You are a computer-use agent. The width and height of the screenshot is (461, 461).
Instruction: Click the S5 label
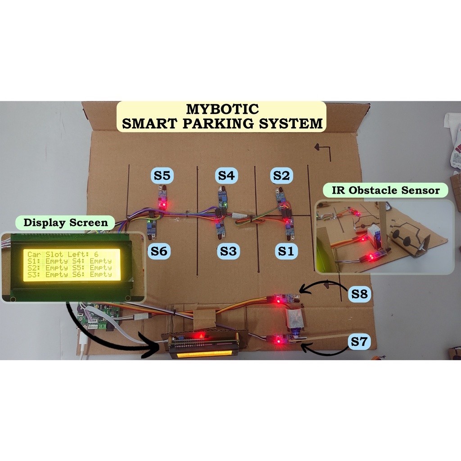point(162,176)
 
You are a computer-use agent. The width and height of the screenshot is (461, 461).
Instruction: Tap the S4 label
point(227,176)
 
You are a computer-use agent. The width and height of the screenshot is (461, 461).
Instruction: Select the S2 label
point(282,176)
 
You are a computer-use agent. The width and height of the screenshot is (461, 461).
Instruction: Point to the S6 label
point(159,251)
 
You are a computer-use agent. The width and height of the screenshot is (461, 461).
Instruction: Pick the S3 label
point(228,251)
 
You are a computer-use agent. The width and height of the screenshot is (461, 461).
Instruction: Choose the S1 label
point(285,251)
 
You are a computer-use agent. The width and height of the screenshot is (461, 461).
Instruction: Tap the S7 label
point(359,342)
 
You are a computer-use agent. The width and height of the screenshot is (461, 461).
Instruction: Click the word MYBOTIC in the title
point(222,109)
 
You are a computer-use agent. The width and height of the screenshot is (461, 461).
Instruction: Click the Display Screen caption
point(66,222)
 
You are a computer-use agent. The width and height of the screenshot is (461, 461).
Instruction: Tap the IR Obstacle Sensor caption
point(385,190)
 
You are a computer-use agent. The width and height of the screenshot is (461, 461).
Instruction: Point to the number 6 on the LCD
point(96,254)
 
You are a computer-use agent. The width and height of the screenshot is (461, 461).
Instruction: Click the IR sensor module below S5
point(163,198)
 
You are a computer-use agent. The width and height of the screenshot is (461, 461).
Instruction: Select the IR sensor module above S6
point(152,227)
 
